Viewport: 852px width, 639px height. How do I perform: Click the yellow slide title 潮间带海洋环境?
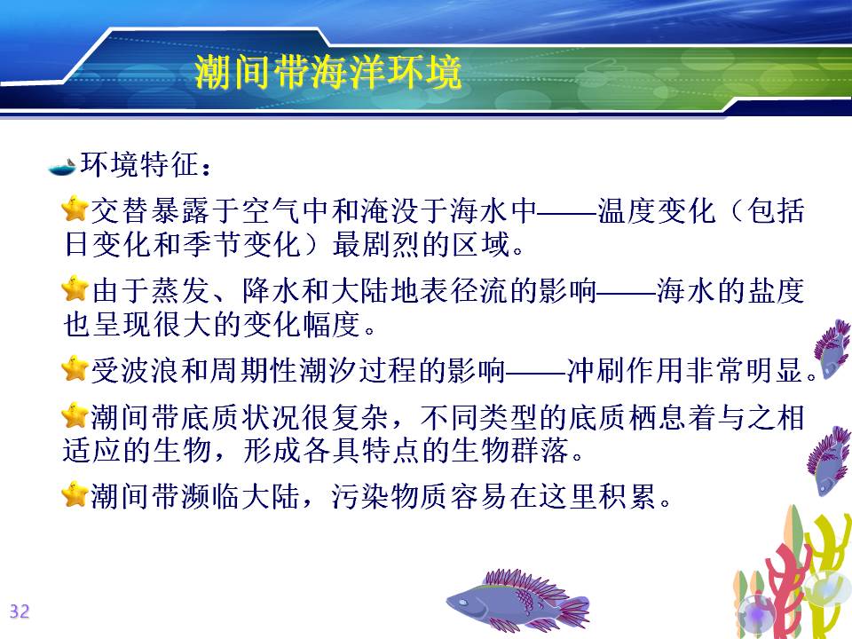(x=328, y=72)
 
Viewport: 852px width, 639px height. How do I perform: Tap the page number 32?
(x=19, y=611)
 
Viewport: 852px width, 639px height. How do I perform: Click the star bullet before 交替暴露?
(x=75, y=209)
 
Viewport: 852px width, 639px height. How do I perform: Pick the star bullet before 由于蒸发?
(x=75, y=288)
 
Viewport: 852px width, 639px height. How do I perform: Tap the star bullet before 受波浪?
(x=75, y=368)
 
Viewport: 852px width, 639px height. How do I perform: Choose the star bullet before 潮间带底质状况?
(x=75, y=415)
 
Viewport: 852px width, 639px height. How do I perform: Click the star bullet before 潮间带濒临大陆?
(x=75, y=494)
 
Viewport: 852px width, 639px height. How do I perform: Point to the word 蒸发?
(x=180, y=291)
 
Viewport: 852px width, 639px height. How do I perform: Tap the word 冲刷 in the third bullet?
(x=596, y=371)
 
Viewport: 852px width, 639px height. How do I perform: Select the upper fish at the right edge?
(x=832, y=350)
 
